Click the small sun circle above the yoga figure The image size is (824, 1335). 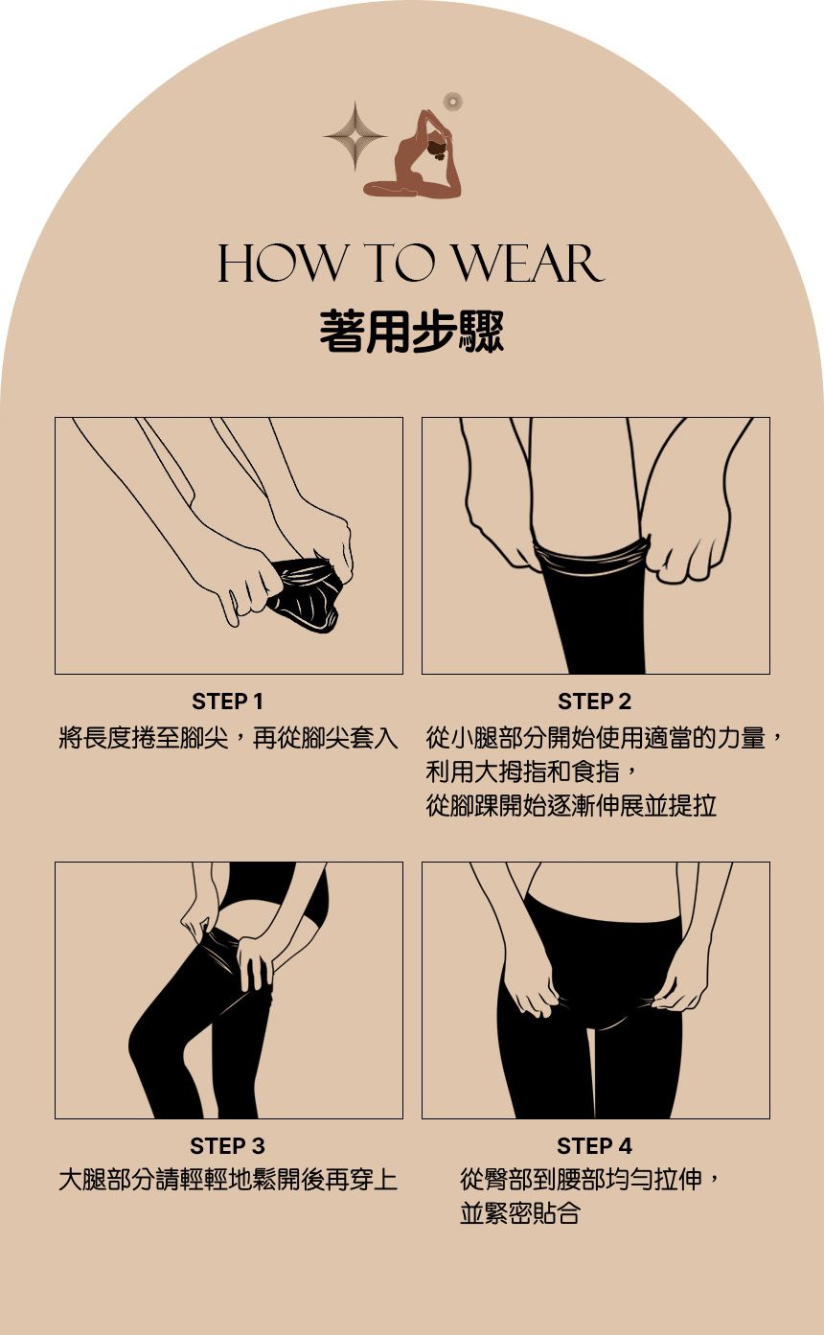[x=453, y=101]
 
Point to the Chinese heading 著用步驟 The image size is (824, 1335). [x=412, y=332]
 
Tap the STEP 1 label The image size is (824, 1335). [x=227, y=702]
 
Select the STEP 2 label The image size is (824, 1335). [x=594, y=702]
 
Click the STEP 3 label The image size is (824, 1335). [x=227, y=1146]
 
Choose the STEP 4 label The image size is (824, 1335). [x=594, y=1146]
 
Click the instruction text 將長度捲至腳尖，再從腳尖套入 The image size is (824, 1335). [x=227, y=738]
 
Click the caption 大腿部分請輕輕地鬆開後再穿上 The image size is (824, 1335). [x=227, y=1180]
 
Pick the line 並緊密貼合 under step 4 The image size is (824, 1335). [x=520, y=1213]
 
